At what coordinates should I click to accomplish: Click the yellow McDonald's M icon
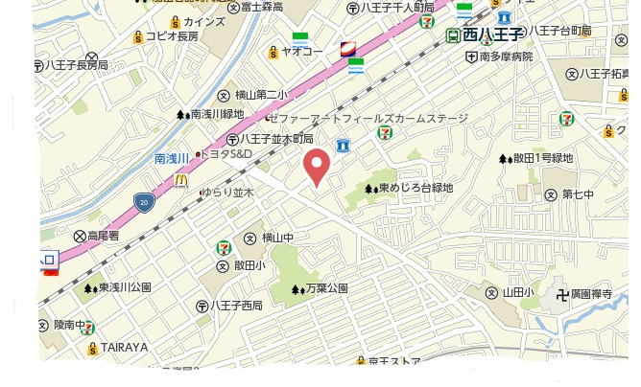(180, 178)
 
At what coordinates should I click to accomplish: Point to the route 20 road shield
(144, 202)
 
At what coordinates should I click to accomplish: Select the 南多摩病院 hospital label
(506, 57)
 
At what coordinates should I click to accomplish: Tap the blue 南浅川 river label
(174, 158)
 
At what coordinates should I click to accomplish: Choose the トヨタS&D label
(227, 154)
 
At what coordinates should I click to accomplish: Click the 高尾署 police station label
(102, 235)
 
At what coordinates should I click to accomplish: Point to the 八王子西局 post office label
(236, 306)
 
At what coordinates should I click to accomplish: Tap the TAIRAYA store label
(124, 347)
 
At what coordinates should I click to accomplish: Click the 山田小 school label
(516, 292)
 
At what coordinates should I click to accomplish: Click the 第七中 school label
(578, 194)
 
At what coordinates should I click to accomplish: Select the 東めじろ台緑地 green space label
(415, 188)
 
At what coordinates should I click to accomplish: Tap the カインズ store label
(203, 21)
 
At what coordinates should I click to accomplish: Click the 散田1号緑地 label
(542, 158)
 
